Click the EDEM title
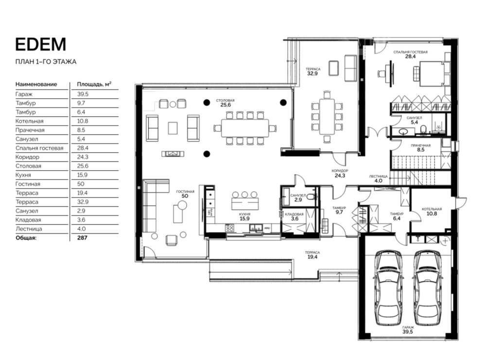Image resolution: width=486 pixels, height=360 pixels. tap(41, 44)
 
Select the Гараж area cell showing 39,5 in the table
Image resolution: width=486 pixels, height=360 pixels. tap(83, 94)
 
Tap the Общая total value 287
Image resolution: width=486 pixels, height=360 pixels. tap(82, 238)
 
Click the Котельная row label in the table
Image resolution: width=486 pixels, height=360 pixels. tap(30, 121)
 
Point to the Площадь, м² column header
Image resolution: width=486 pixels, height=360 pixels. tap(94, 84)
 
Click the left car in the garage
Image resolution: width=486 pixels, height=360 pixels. tap(390, 288)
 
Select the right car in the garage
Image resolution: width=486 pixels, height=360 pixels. tap(428, 288)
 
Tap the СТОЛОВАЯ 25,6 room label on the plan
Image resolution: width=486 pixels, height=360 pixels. tap(226, 103)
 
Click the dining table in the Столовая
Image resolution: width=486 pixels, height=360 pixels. tap(245, 128)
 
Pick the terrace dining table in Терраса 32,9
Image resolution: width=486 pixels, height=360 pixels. tap(327, 117)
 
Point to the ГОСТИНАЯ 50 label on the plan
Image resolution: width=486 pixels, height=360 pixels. tap(185, 194)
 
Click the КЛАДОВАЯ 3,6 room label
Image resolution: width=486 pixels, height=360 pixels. tap(294, 216)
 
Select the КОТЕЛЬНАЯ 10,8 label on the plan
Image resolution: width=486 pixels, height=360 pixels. tap(432, 211)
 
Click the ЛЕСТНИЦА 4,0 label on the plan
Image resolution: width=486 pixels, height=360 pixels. tap(378, 179)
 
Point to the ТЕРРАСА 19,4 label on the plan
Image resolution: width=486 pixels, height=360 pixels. tap(312, 255)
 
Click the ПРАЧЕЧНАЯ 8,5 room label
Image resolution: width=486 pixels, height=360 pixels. tap(420, 147)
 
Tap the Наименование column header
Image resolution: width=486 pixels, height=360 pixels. tap(36, 84)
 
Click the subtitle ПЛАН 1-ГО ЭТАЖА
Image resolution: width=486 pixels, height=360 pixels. tap(46, 62)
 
